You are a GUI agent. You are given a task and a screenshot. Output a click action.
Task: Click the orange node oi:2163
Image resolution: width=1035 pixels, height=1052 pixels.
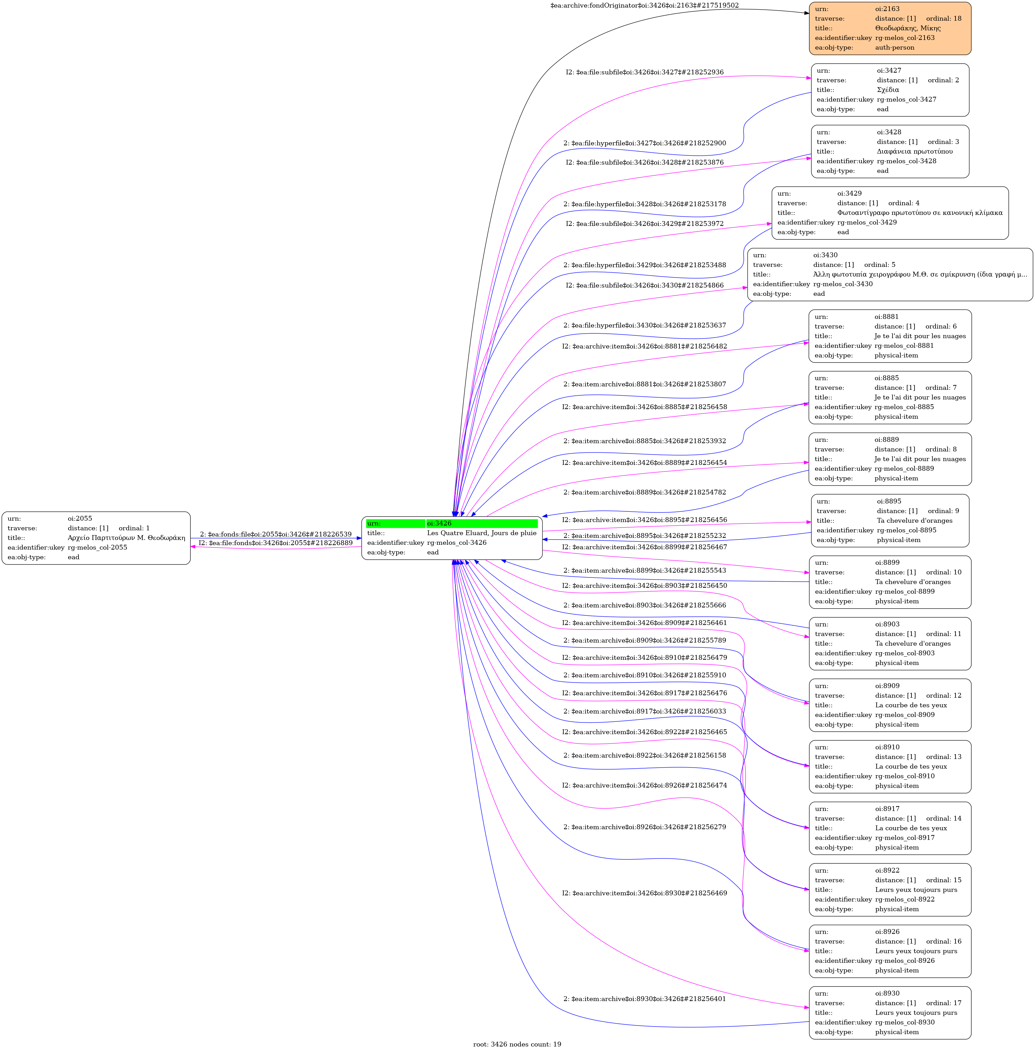click(x=890, y=28)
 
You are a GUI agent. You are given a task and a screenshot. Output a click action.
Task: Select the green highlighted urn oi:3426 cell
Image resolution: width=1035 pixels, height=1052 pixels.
click(x=482, y=523)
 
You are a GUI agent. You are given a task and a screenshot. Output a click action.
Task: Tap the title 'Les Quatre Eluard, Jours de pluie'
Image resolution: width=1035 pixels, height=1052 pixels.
click(x=482, y=533)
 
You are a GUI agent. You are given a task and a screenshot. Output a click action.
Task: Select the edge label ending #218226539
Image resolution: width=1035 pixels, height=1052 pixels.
click(x=276, y=534)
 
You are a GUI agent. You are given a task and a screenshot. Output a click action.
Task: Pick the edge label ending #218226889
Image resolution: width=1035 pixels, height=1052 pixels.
click(x=276, y=543)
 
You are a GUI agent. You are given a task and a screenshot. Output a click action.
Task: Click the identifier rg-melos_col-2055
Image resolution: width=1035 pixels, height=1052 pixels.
click(x=97, y=547)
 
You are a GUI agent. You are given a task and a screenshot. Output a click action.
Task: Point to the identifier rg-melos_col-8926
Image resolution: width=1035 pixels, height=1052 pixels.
click(x=905, y=961)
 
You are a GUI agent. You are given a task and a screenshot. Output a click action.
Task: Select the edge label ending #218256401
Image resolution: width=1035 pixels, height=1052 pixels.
click(x=645, y=999)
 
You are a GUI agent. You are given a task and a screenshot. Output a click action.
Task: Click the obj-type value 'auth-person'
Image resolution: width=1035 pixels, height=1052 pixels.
click(x=895, y=47)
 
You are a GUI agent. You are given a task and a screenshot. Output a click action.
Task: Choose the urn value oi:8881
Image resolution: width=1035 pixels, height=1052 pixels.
click(x=887, y=316)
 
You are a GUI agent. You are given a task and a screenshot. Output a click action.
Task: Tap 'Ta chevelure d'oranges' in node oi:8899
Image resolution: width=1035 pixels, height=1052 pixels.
click(x=913, y=582)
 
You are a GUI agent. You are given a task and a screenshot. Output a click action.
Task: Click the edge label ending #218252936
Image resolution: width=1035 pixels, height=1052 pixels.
click(x=645, y=72)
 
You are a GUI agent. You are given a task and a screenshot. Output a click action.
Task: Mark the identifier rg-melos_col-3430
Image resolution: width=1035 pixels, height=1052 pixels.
click(x=843, y=284)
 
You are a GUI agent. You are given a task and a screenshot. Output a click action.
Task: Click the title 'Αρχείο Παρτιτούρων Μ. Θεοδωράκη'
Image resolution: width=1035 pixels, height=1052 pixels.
click(x=126, y=538)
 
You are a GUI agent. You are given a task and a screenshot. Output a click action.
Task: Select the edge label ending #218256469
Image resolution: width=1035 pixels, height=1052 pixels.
click(x=645, y=893)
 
